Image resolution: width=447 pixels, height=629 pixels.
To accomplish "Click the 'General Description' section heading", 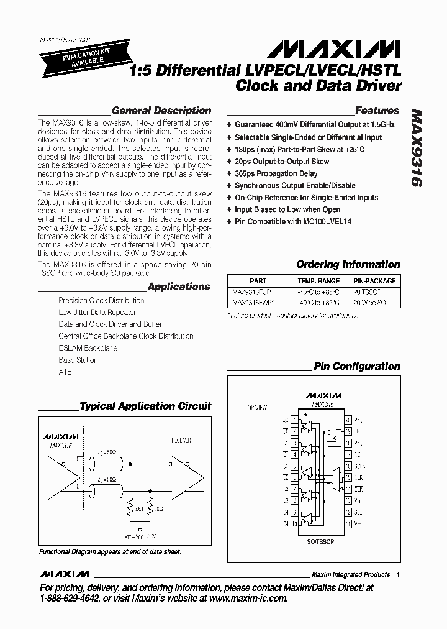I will (161, 111).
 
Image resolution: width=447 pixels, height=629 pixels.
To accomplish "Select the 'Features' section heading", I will (377, 111).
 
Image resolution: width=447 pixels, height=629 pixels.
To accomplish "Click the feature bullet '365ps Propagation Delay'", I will (276, 174).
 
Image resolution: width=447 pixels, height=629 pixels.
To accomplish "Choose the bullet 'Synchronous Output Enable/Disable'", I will (295, 186).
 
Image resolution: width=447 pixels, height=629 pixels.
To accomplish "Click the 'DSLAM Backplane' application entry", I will (88, 348).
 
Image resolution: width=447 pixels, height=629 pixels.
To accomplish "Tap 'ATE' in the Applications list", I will (65, 372).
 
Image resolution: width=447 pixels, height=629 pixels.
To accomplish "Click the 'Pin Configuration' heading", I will (356, 367).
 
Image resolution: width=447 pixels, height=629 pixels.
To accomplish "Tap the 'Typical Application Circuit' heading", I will (145, 406).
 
